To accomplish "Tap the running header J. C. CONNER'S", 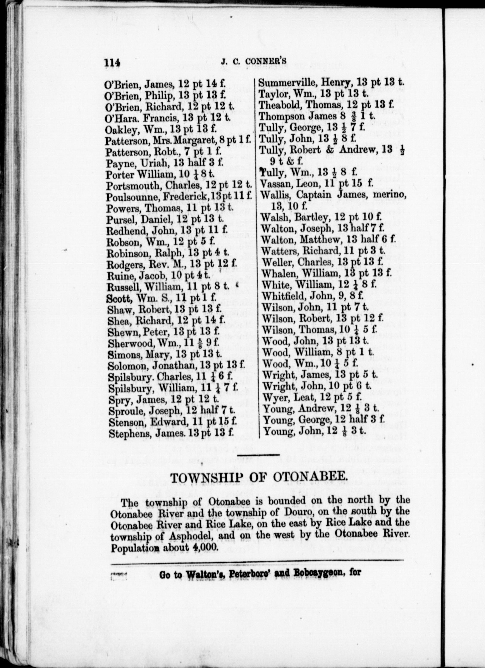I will (254, 61).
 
